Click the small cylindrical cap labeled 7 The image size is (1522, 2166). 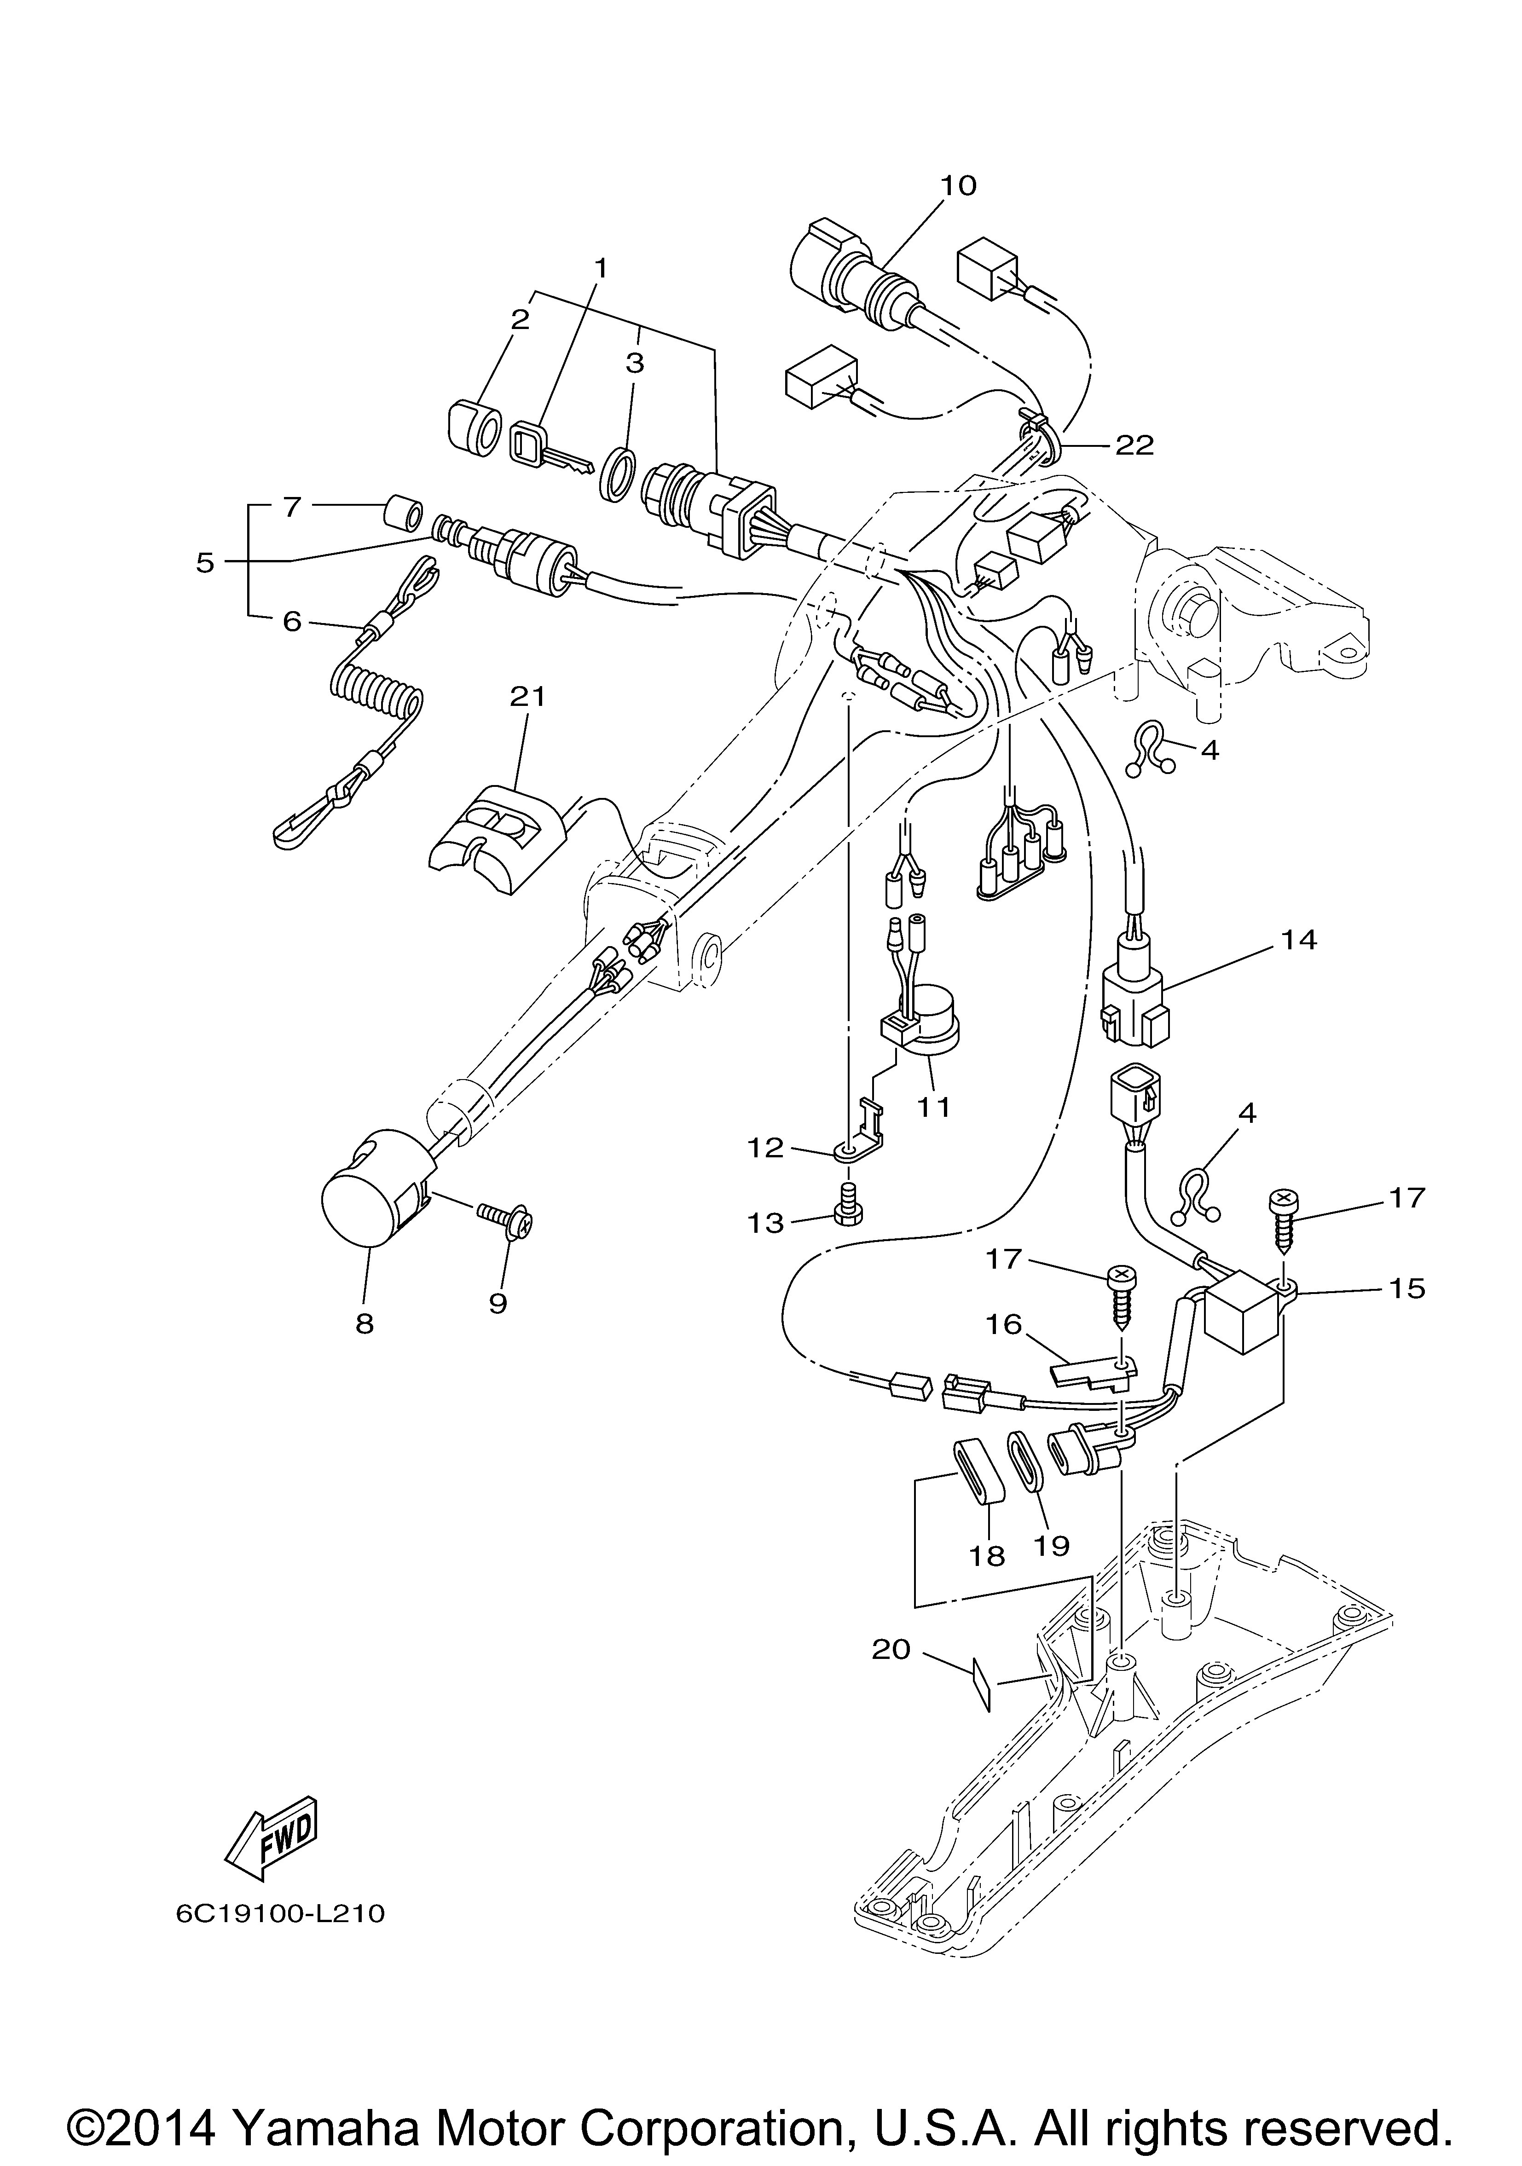point(401,515)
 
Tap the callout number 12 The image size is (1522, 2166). point(766,1148)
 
